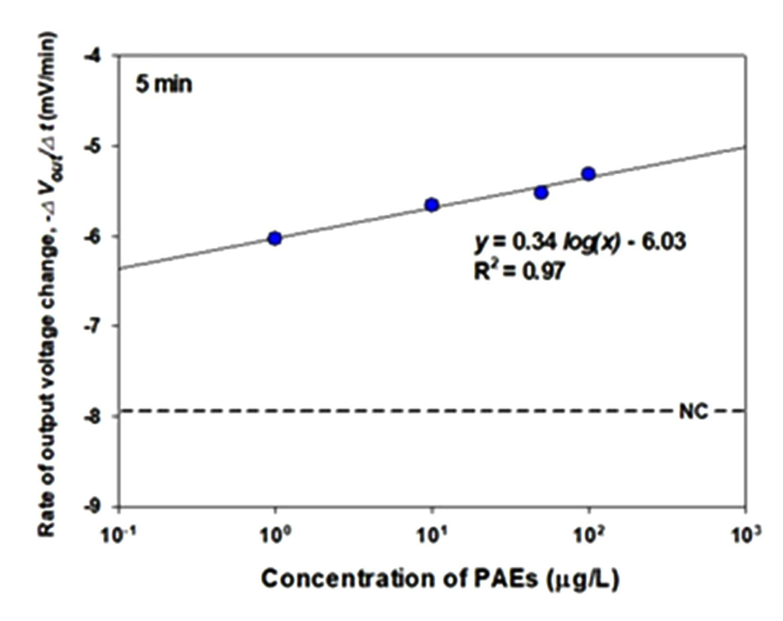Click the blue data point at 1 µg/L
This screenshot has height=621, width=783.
point(275,238)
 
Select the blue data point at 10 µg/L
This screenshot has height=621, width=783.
point(432,205)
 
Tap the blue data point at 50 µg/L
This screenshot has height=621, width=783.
point(541,193)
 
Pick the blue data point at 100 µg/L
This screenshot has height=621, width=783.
point(588,174)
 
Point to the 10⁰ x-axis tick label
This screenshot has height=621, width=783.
point(275,535)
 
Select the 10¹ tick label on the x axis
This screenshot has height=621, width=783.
point(432,535)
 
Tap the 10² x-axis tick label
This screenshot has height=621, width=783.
point(588,535)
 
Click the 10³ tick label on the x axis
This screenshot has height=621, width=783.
point(746,535)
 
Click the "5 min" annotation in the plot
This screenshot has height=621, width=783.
point(164,84)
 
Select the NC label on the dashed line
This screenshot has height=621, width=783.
point(694,412)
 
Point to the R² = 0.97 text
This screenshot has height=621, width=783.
point(519,271)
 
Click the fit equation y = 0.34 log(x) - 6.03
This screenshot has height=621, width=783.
point(580,242)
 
